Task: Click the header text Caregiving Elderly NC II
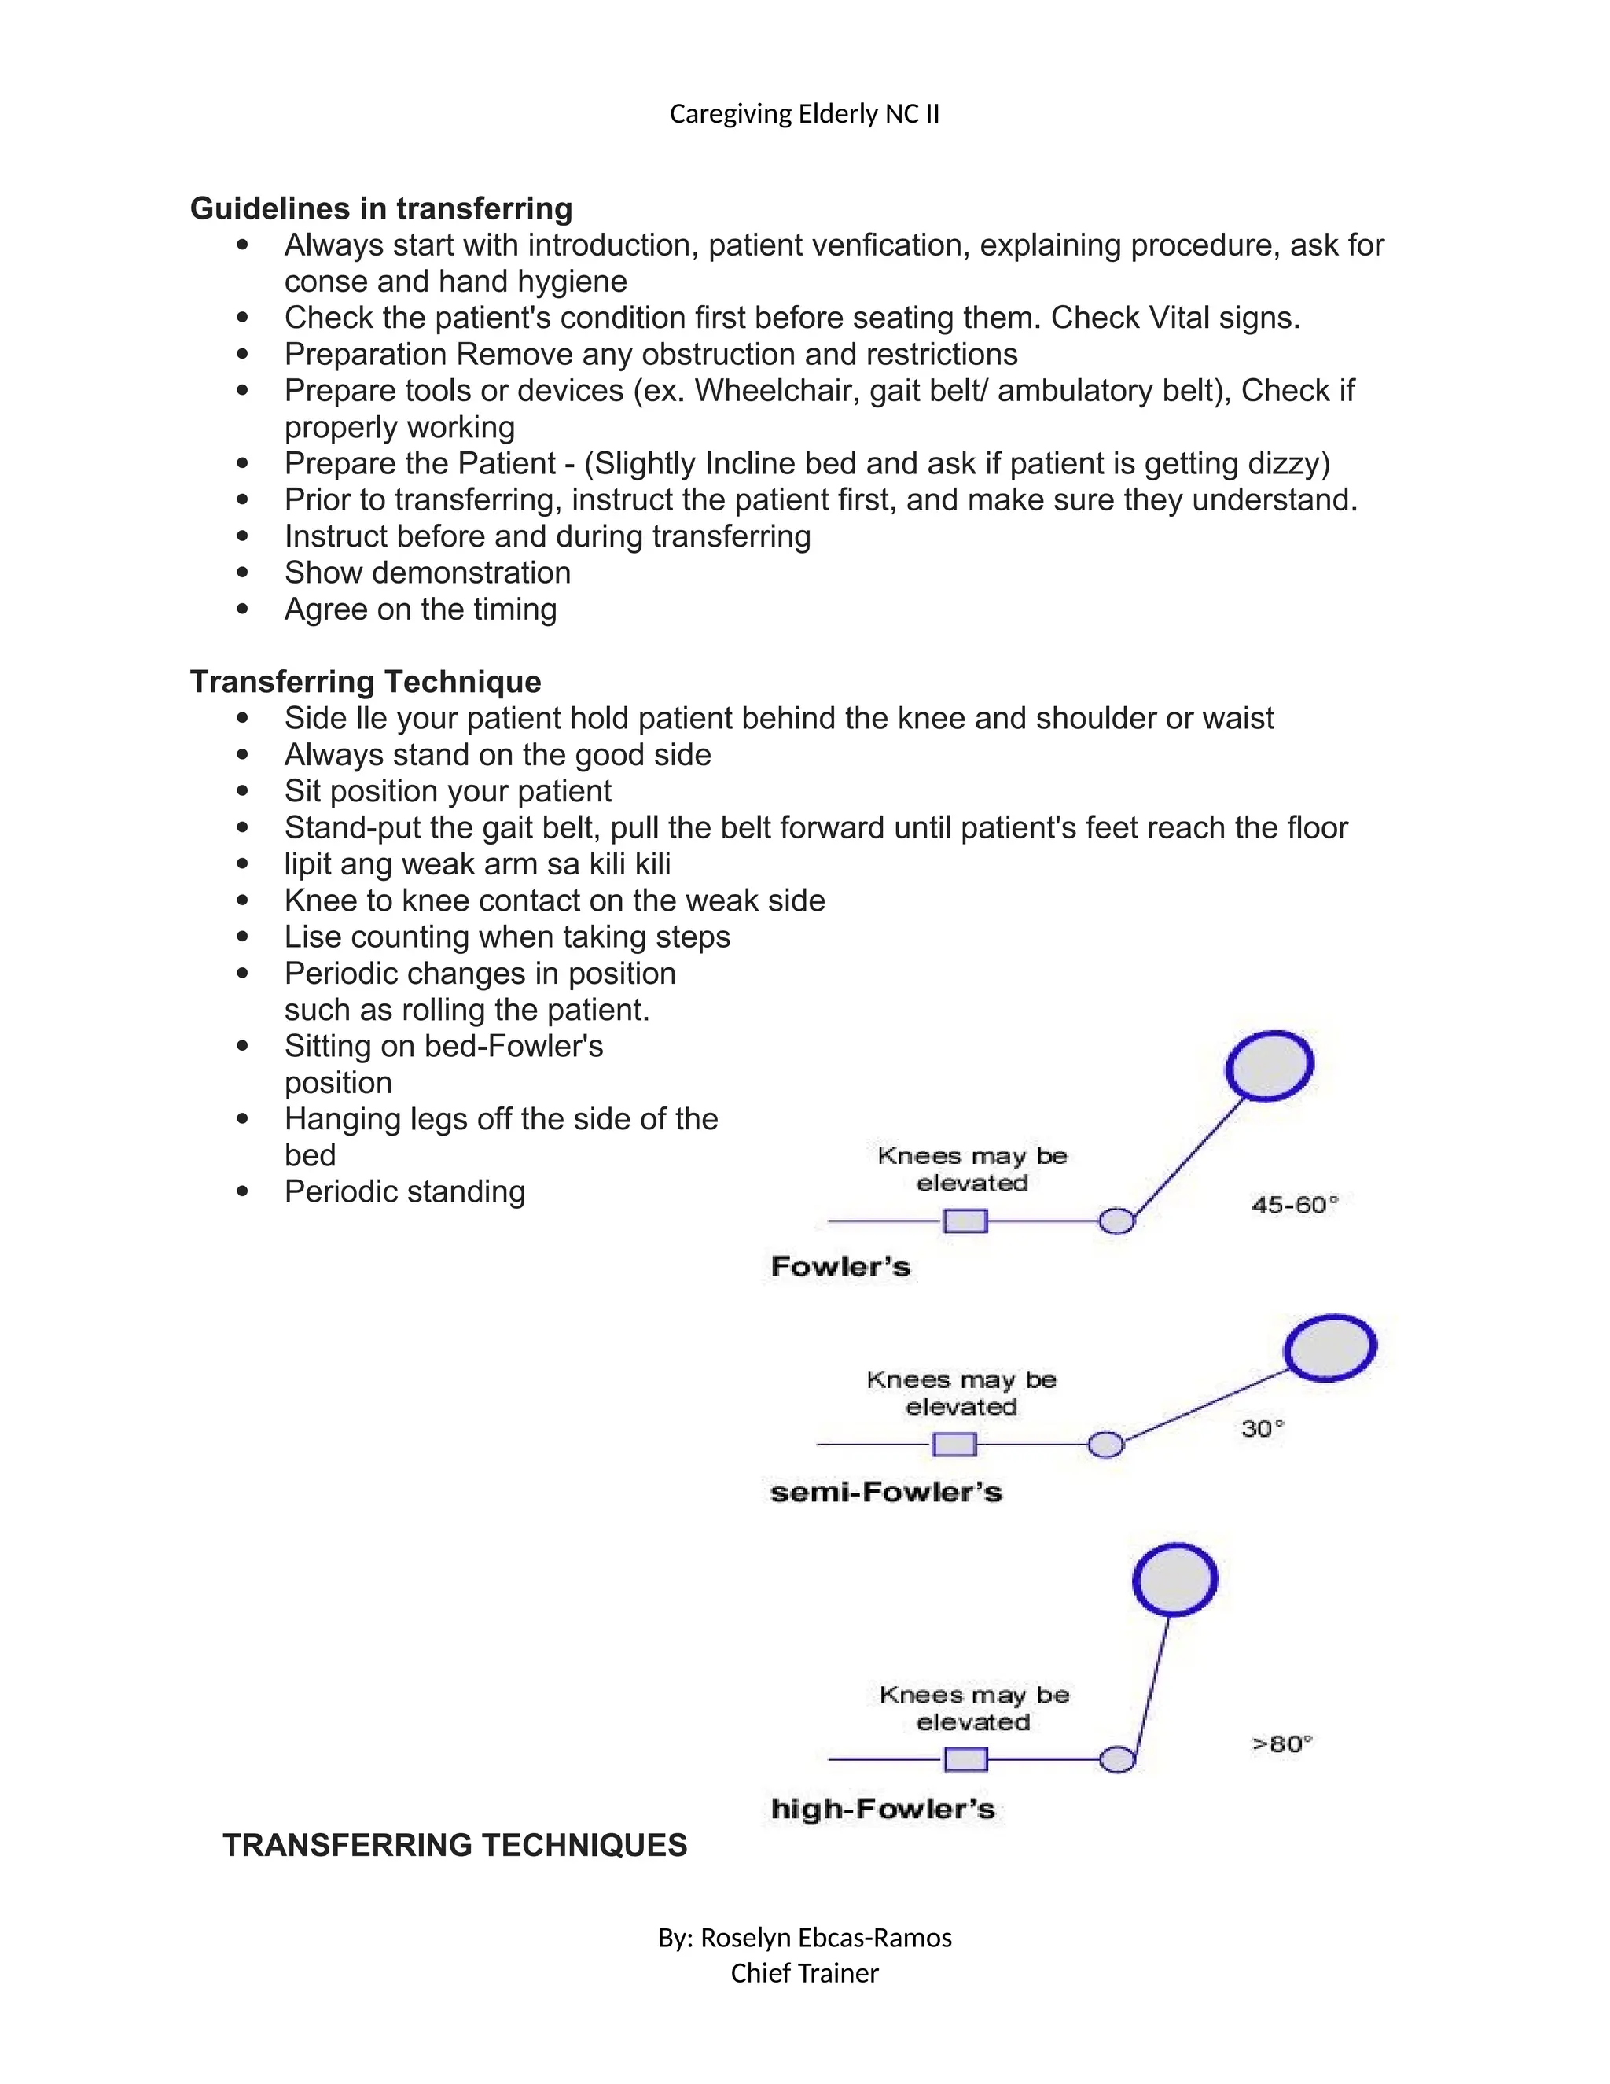click(x=804, y=115)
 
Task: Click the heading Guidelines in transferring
click(x=380, y=208)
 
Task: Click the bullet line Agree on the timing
click(x=420, y=609)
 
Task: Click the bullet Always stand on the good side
click(x=497, y=755)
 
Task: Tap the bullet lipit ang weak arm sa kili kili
click(x=477, y=863)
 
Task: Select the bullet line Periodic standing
click(x=404, y=1191)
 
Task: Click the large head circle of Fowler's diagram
click(x=1269, y=1066)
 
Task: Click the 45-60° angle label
click(x=1294, y=1205)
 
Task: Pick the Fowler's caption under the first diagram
click(x=840, y=1267)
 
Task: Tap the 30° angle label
click(x=1263, y=1428)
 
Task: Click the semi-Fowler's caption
click(x=885, y=1493)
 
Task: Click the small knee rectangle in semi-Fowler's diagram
click(x=954, y=1445)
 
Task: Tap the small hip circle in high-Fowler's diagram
click(x=1117, y=1759)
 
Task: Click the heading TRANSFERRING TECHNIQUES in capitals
click(x=455, y=1846)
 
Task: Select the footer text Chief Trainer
click(x=804, y=1973)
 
